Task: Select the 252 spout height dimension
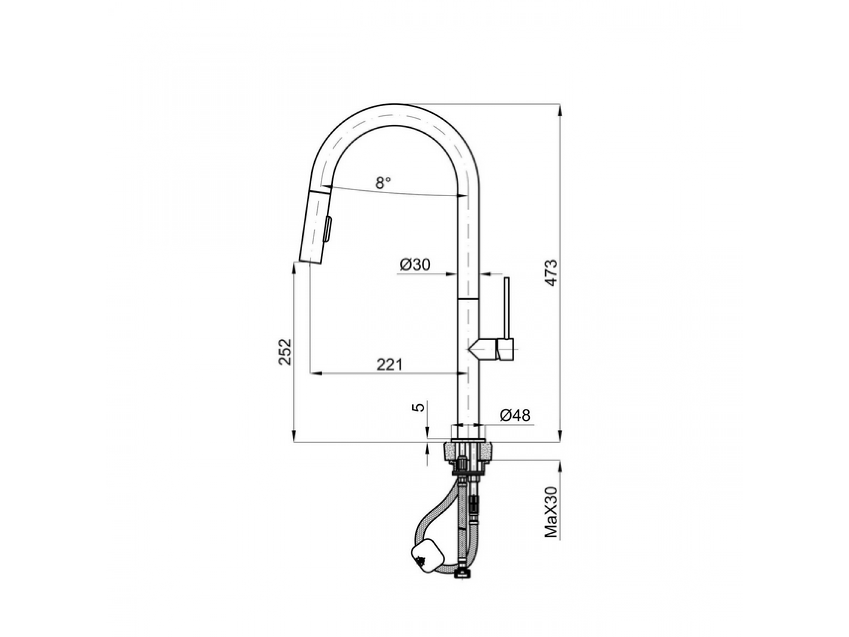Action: [x=286, y=352]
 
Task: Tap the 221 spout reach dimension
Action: [x=389, y=364]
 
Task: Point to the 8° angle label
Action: [x=383, y=183]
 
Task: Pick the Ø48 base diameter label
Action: [x=515, y=415]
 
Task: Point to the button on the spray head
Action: [x=329, y=229]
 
